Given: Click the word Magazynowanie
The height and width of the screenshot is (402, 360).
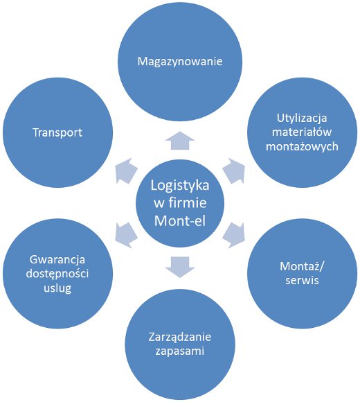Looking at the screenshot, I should point(179,62).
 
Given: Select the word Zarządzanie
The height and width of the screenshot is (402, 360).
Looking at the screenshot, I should point(179,338).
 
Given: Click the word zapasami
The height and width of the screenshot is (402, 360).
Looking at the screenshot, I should point(179,351).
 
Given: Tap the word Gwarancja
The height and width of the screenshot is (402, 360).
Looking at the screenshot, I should point(57,261).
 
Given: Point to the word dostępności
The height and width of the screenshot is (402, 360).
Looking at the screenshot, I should point(57,274).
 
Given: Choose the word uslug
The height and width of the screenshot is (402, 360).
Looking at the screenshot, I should point(57,288).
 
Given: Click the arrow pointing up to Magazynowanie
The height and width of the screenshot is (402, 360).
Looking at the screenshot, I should point(179,141).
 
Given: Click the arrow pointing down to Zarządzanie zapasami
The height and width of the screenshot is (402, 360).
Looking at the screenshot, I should point(179,264).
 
